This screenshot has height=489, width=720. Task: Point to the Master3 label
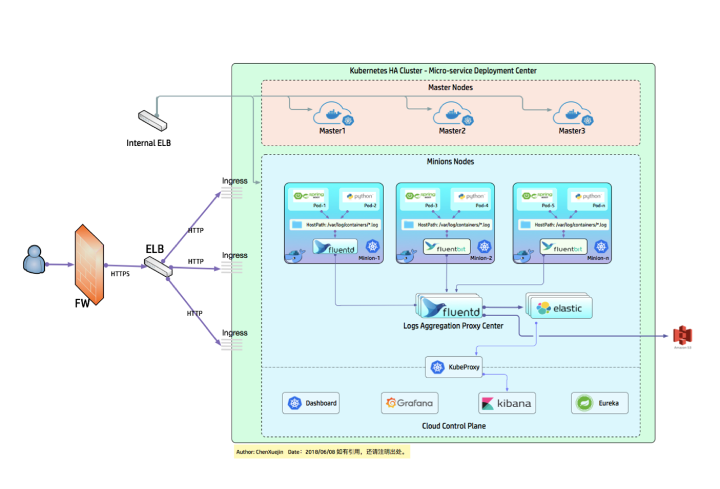[571, 131]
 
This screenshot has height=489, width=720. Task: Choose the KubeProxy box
[454, 367]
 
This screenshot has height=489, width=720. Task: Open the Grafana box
[409, 403]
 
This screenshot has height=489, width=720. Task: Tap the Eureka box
[599, 403]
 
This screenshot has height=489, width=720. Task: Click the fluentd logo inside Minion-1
[335, 247]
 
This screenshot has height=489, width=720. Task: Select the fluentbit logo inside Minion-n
[564, 247]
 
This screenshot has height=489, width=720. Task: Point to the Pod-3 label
[431, 206]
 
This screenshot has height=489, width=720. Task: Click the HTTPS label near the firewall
[119, 274]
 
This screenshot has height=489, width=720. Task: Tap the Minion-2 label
[482, 258]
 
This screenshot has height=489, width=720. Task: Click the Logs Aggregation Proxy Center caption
[453, 325]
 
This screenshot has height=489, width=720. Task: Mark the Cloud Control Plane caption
[454, 426]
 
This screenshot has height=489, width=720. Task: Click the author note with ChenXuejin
[321, 451]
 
